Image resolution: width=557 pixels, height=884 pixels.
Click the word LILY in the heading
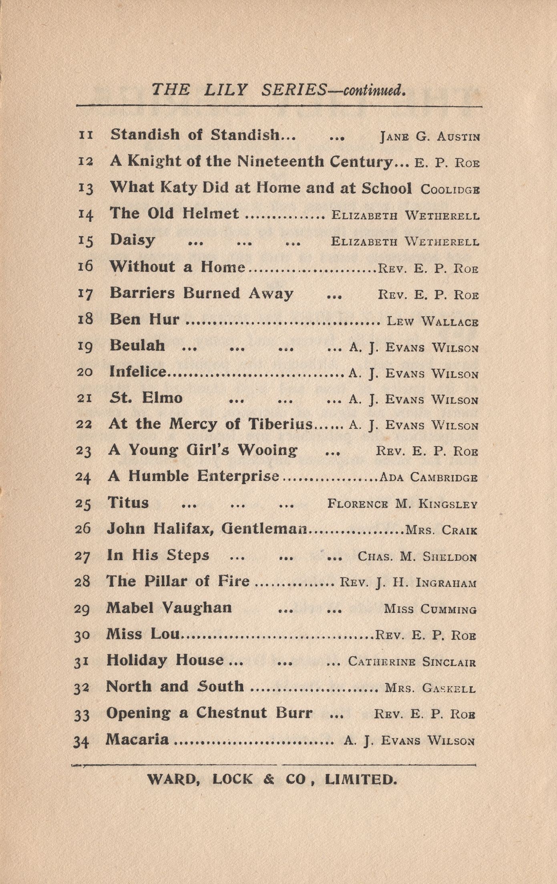(x=226, y=89)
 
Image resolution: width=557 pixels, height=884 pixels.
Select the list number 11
(x=86, y=135)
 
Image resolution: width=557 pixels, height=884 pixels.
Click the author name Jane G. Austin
(x=430, y=137)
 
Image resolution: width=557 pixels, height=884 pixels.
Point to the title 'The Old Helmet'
(x=174, y=213)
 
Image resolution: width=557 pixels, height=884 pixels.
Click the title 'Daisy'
(x=133, y=240)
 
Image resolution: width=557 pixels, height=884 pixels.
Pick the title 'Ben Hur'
(x=145, y=319)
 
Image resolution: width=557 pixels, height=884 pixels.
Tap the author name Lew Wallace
(x=432, y=321)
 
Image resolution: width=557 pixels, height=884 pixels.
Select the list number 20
(x=84, y=372)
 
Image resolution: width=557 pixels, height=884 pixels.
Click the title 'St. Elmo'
(x=146, y=398)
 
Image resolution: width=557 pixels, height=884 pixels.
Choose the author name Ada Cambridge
(x=428, y=477)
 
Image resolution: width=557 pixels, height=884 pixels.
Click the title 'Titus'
(x=128, y=502)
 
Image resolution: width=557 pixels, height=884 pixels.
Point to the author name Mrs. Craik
(x=441, y=530)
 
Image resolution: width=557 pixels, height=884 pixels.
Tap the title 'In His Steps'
(x=158, y=555)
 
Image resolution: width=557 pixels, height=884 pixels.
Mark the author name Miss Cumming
(x=430, y=609)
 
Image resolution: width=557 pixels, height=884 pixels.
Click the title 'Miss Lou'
(x=143, y=634)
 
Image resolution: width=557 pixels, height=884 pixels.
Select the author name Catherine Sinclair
(x=412, y=661)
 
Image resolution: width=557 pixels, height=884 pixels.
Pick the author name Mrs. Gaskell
(x=430, y=688)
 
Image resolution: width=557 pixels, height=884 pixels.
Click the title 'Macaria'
(x=137, y=739)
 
